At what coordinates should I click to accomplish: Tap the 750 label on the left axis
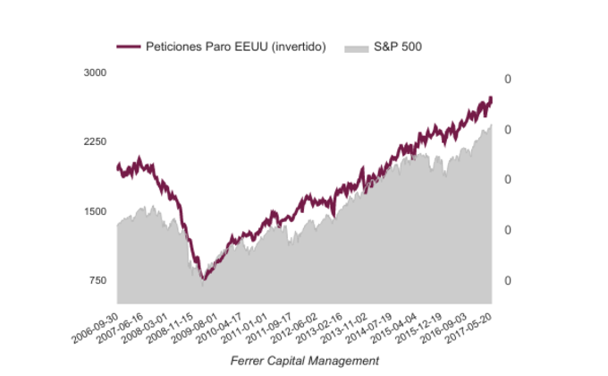tap(97, 281)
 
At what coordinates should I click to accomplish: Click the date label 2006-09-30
tap(94, 324)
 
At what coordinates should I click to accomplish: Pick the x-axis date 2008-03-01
tap(144, 324)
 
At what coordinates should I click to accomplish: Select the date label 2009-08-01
tap(194, 324)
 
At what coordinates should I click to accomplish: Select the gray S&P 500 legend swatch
tap(356, 46)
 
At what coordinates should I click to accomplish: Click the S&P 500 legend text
tap(398, 46)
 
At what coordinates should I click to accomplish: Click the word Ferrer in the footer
tap(247, 360)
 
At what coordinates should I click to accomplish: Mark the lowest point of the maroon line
tap(204, 280)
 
